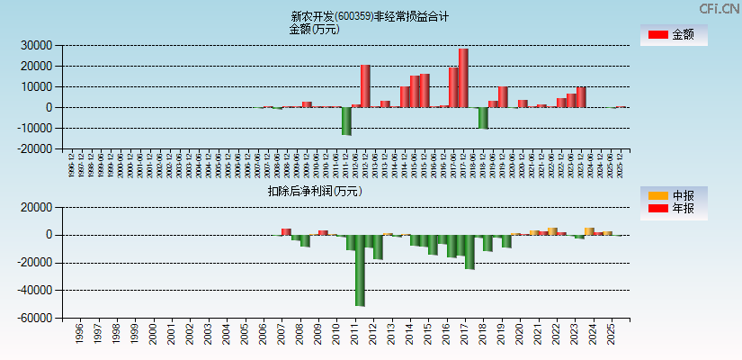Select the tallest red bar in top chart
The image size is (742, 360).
[x=463, y=77]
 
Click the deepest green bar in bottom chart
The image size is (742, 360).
[x=360, y=270]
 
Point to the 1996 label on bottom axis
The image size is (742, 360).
[x=79, y=334]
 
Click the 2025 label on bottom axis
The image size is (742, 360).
[x=612, y=334]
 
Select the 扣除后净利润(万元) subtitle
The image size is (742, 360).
[x=314, y=191]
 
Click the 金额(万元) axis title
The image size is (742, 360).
[x=314, y=29]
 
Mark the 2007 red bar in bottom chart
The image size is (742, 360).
[x=286, y=232]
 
